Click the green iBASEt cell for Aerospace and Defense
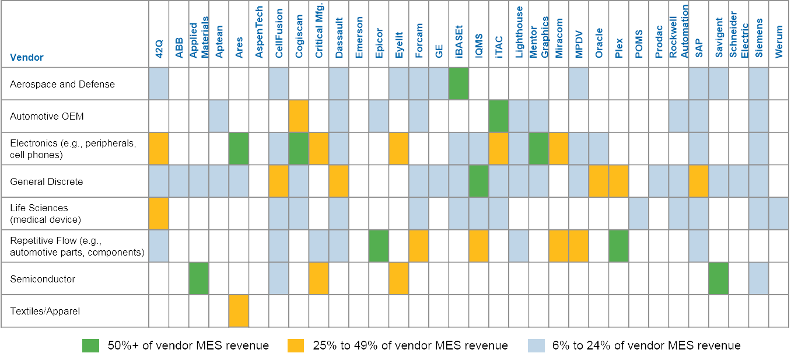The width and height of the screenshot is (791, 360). point(459,84)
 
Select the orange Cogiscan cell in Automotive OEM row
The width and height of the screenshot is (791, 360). point(299,116)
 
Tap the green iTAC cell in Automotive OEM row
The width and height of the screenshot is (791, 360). point(499,116)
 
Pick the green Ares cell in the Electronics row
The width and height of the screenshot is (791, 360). point(239,149)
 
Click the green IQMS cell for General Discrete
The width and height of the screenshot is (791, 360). point(479,181)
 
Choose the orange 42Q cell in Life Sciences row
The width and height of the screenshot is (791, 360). point(159,214)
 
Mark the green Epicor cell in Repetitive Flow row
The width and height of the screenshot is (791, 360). point(379,246)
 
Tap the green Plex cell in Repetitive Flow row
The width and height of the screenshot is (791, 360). point(619,246)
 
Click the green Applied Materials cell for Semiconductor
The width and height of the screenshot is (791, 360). point(199,279)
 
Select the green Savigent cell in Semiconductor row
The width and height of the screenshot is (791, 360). point(719,279)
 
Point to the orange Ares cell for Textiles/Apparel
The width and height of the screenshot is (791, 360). point(239,311)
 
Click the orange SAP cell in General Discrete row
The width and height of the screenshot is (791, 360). point(699,181)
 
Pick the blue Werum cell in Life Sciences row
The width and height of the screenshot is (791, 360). point(779,214)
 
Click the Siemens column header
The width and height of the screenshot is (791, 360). point(759,38)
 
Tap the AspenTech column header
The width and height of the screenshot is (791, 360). point(259,32)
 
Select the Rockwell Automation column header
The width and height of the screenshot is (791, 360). point(678,32)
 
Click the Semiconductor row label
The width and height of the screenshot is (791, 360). point(43,279)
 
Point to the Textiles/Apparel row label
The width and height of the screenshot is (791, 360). point(45,311)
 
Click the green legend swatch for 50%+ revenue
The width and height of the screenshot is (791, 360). point(90,345)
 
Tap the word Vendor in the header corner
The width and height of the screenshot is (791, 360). point(26,57)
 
